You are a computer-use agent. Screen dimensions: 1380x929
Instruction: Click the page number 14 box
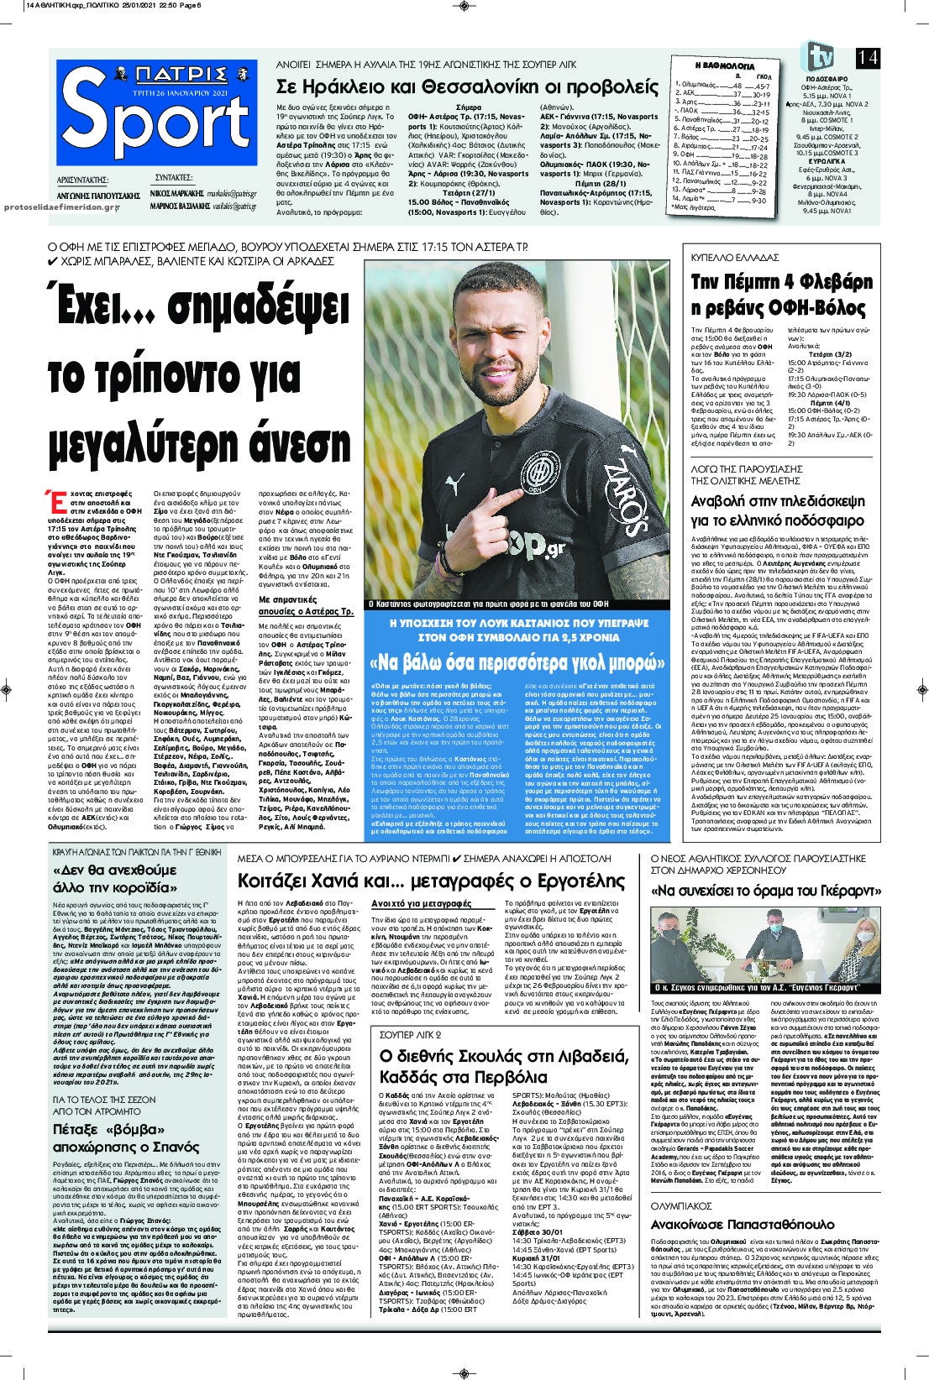(868, 57)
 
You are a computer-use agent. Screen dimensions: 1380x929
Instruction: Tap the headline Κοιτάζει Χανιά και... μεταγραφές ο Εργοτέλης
(432, 881)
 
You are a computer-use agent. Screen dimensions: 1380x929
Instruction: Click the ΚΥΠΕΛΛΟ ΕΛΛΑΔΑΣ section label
(735, 258)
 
